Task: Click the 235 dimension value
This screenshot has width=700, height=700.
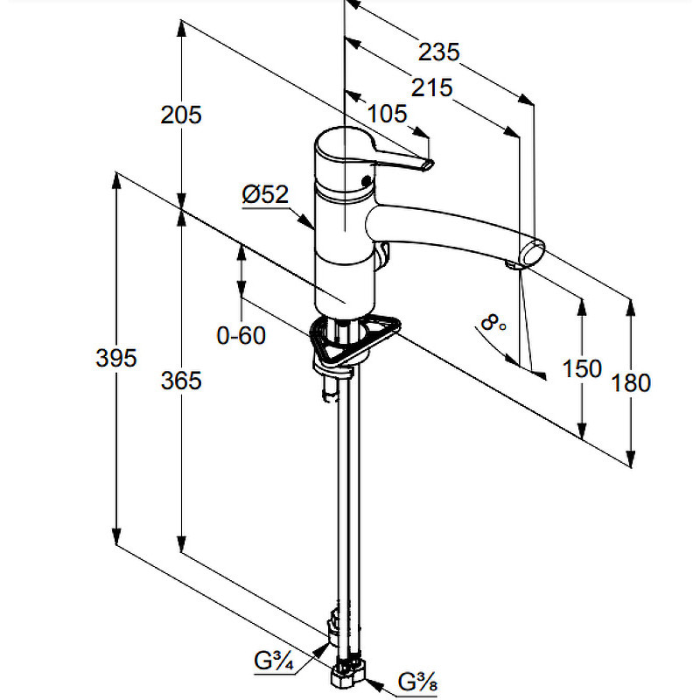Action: point(438,52)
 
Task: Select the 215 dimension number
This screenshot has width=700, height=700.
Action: point(431,88)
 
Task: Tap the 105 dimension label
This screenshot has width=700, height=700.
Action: point(387,114)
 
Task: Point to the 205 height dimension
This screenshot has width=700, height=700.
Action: point(181,115)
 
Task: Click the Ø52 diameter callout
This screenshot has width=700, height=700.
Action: point(265,194)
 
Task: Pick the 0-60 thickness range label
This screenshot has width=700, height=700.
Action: point(241,335)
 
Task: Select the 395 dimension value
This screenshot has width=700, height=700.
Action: point(116,358)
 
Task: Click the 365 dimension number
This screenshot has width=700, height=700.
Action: point(181,381)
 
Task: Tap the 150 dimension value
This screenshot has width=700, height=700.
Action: point(582,368)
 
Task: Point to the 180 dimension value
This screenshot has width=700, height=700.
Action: point(630,383)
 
